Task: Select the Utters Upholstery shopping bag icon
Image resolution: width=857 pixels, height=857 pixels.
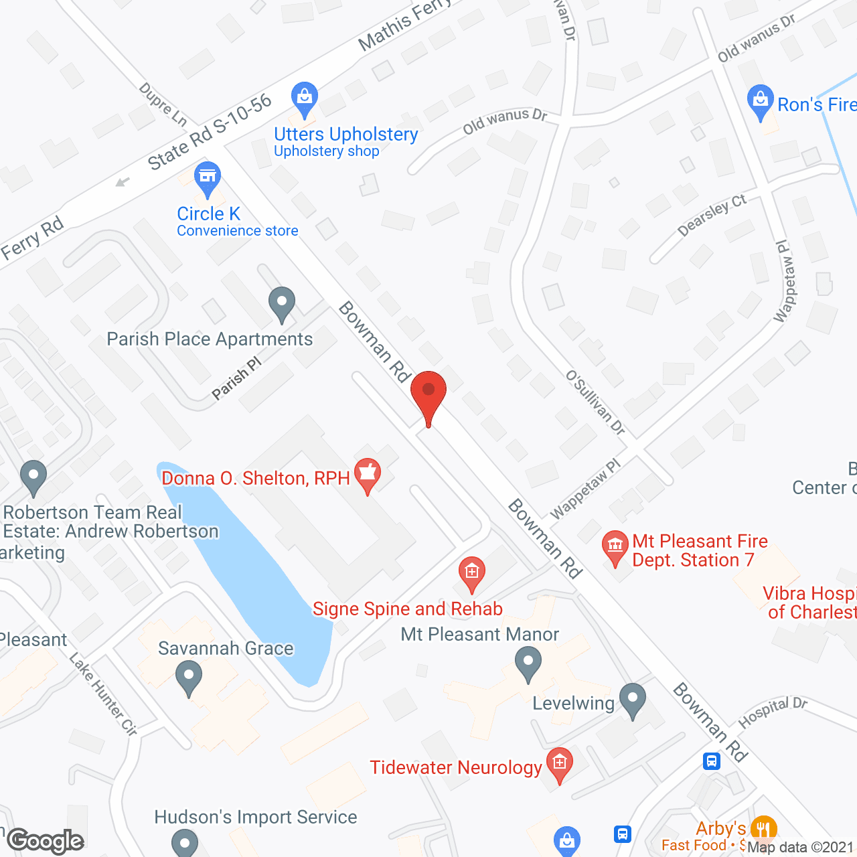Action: click(x=305, y=98)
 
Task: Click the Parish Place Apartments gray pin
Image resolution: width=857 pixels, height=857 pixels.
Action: click(x=282, y=303)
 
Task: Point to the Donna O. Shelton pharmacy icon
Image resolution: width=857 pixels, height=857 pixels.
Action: click(x=367, y=475)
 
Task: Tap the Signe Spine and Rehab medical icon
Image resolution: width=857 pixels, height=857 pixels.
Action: click(x=472, y=572)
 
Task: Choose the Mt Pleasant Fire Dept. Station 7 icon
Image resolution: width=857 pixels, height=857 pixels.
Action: click(x=615, y=547)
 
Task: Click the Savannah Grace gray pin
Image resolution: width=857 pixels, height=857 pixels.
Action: click(x=189, y=677)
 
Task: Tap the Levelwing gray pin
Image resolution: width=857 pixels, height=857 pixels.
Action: click(x=633, y=700)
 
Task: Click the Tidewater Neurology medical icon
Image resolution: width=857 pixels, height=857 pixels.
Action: click(x=560, y=763)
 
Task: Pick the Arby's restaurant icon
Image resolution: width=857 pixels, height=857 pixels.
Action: click(x=764, y=829)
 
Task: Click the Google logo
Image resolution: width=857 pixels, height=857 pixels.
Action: click(x=46, y=841)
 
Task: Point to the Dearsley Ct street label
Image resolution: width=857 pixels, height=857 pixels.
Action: click(x=712, y=215)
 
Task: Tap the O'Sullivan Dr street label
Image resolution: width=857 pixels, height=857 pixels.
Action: click(x=595, y=402)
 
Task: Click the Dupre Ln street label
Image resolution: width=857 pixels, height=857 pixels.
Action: click(x=163, y=104)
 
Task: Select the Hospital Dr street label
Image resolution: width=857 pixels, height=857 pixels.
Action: click(x=773, y=713)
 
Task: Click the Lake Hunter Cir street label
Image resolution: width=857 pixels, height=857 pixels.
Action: click(x=104, y=695)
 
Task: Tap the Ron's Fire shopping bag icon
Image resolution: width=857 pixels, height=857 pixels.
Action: click(x=760, y=100)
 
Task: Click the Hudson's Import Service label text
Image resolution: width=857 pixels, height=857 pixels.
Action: click(x=256, y=817)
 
